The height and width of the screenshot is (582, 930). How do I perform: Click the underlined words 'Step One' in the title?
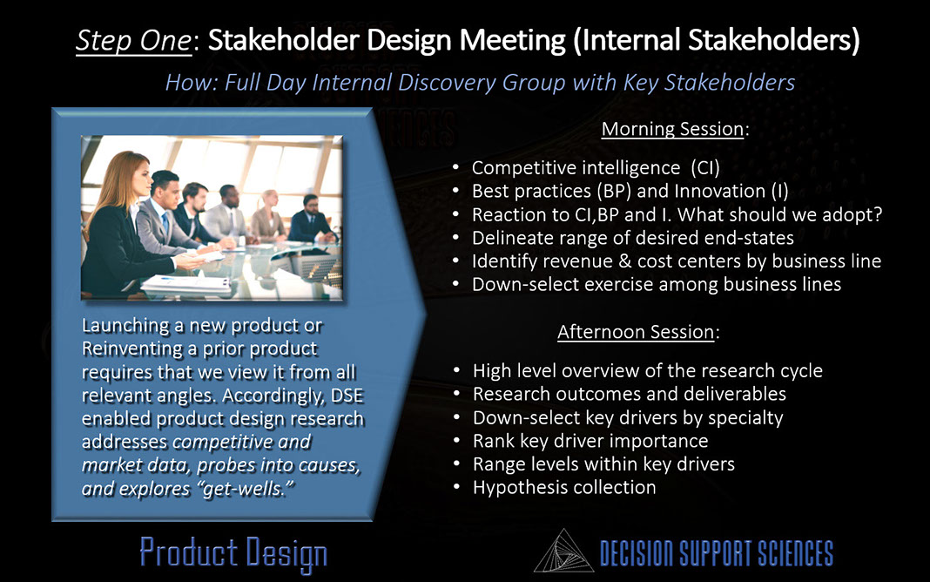pyautogui.click(x=134, y=40)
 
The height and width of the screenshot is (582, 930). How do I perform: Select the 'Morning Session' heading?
pyautogui.click(x=672, y=129)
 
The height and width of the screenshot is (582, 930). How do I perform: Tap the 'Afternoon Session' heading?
pyautogui.click(x=636, y=332)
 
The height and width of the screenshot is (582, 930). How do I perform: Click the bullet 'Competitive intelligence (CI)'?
pyautogui.click(x=596, y=168)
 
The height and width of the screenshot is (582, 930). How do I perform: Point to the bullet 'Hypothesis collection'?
pyautogui.click(x=564, y=488)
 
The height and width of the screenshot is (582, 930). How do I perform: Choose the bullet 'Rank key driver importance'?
pyautogui.click(x=590, y=441)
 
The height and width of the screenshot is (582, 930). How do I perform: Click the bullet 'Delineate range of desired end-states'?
pyautogui.click(x=633, y=238)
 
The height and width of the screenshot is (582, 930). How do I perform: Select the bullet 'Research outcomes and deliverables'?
pyautogui.click(x=630, y=394)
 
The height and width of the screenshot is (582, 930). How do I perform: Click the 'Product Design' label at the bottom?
pyautogui.click(x=233, y=553)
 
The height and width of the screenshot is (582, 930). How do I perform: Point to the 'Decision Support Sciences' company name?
pyautogui.click(x=717, y=553)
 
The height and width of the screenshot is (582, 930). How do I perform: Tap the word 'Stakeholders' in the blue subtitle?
pyautogui.click(x=729, y=83)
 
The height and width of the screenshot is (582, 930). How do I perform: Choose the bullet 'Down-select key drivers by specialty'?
pyautogui.click(x=628, y=417)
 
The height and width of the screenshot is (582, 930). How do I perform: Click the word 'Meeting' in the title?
pyautogui.click(x=512, y=40)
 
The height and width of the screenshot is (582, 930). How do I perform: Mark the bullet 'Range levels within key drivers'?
pyautogui.click(x=603, y=464)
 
